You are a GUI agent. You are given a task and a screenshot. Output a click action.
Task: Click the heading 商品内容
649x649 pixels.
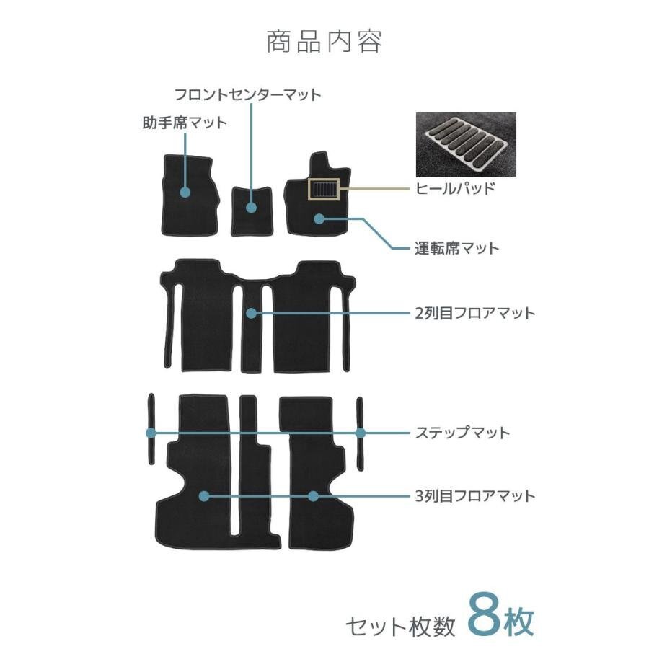324,42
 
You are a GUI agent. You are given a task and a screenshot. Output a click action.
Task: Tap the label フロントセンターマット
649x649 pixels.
247,94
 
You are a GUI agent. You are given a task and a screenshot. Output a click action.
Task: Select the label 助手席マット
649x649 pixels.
184,123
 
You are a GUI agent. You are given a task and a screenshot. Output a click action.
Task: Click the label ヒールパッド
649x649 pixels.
455,189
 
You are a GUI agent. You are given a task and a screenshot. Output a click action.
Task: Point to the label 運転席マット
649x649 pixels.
456,248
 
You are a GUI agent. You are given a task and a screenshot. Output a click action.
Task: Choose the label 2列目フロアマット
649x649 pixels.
475,313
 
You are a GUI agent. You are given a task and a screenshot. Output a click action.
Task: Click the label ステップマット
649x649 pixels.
462,433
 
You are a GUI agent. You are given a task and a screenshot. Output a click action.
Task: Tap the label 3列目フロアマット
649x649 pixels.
475,496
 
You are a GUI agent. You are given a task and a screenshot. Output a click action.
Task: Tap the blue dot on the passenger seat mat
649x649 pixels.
185,193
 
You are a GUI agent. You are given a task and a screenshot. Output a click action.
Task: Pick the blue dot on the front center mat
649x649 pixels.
251,208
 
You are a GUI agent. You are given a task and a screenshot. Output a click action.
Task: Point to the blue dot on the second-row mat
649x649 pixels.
251,313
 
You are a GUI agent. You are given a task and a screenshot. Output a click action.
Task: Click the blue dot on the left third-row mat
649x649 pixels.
204,496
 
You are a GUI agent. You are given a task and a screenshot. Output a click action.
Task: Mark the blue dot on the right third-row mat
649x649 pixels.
313,496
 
